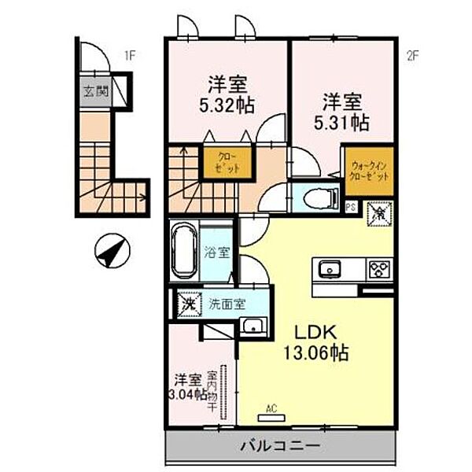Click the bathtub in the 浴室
[184, 251]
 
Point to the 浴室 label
[216, 253]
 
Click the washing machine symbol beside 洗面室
[187, 302]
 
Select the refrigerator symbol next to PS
[378, 212]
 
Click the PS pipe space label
[352, 207]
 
